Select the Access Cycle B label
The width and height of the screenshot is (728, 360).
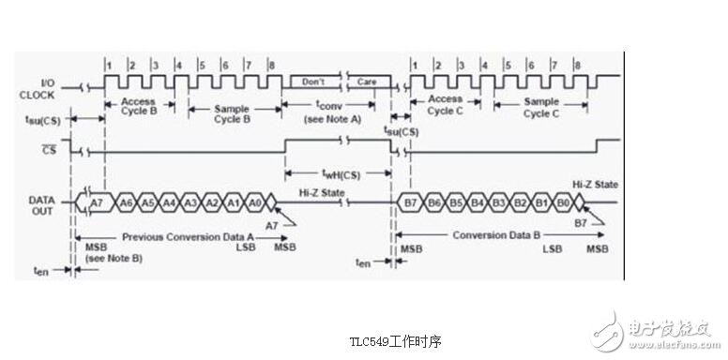[138, 107]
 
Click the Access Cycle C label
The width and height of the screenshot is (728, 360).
[446, 104]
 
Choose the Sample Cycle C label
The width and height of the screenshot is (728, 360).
[541, 107]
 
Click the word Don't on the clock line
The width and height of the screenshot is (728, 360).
[313, 82]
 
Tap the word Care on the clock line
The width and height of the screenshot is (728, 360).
[367, 82]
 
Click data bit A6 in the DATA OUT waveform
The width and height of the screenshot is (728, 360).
[127, 202]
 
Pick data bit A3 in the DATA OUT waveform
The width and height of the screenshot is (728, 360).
[190, 202]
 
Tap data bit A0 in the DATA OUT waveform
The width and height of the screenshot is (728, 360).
[255, 202]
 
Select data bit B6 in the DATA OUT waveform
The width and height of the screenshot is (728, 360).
[433, 202]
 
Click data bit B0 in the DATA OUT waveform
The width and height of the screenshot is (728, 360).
[562, 202]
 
